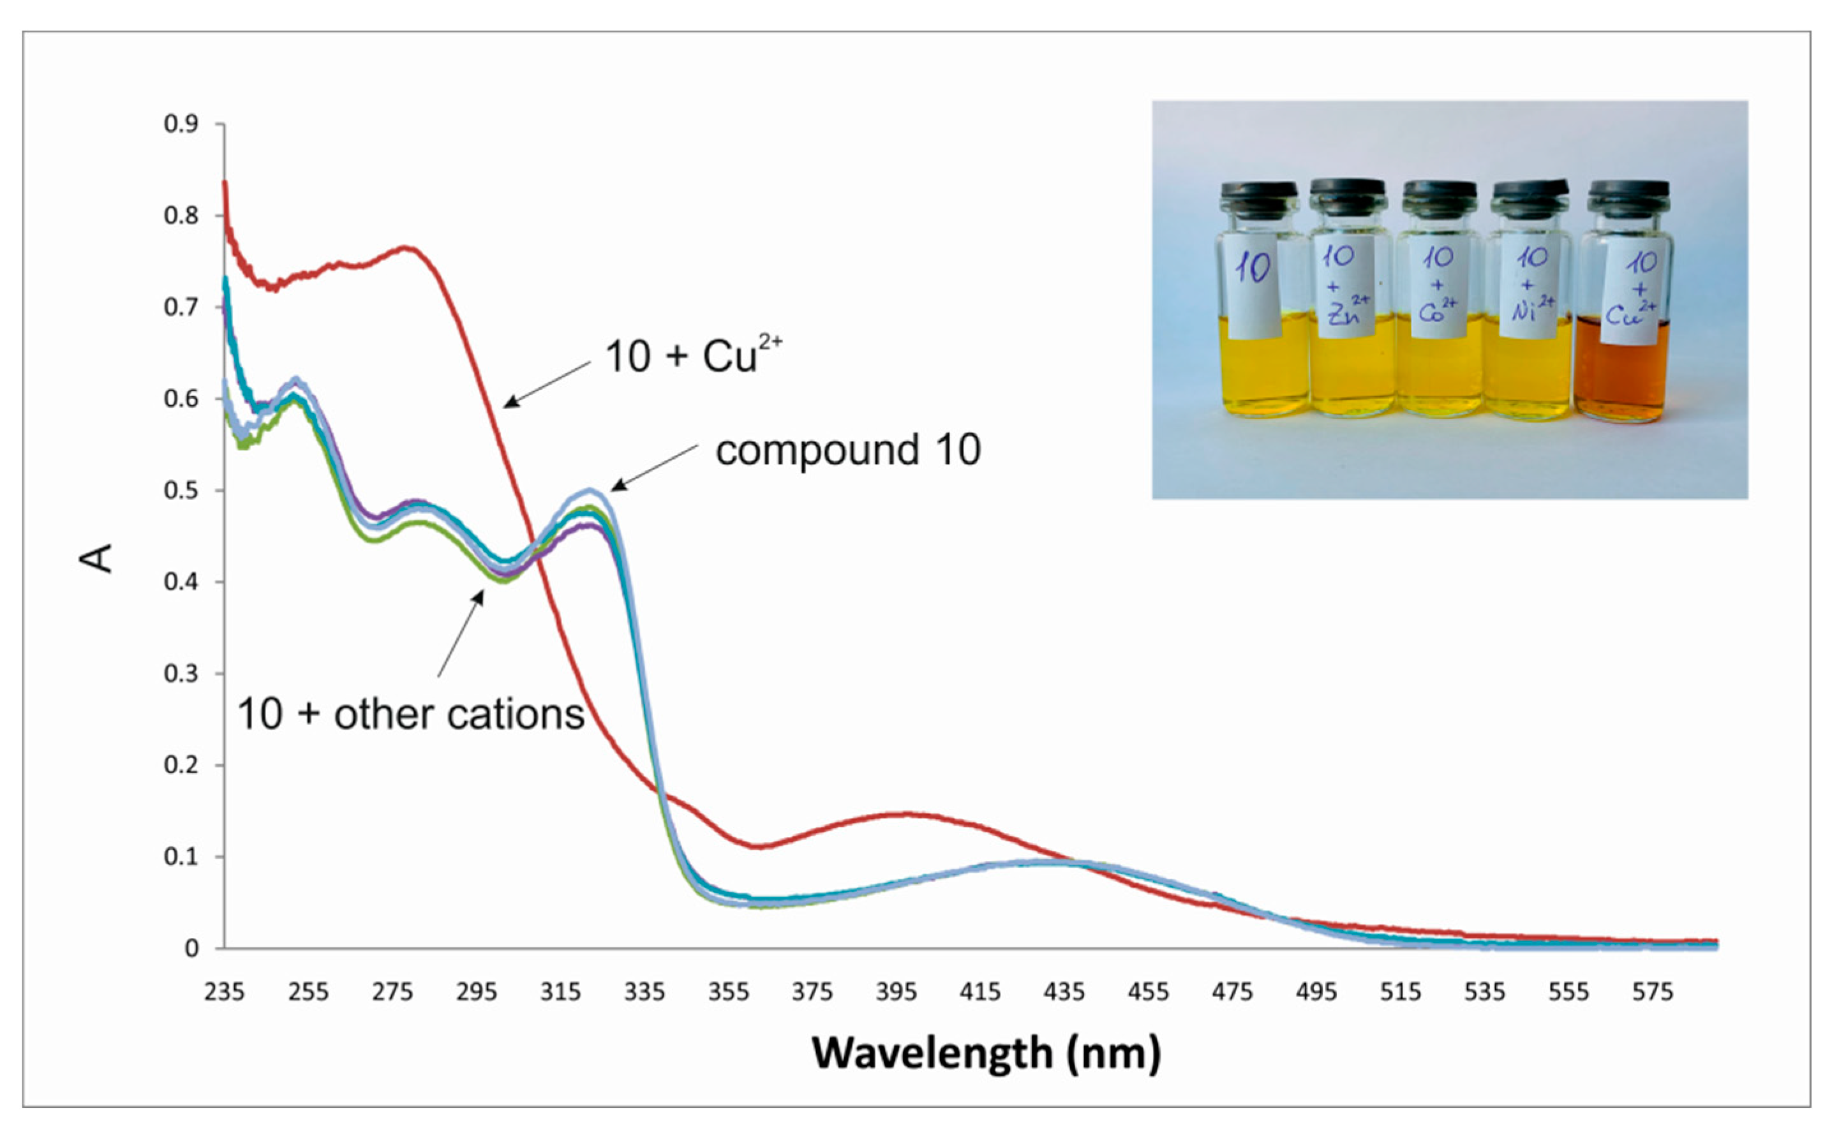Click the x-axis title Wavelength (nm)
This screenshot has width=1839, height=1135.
click(x=986, y=1053)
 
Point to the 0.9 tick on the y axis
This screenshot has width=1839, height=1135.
click(x=181, y=124)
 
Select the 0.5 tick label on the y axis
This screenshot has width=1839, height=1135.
click(x=181, y=490)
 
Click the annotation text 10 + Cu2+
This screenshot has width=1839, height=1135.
click(x=692, y=355)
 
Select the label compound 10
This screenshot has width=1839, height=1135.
click(x=847, y=450)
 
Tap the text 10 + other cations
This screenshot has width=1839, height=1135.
click(x=410, y=714)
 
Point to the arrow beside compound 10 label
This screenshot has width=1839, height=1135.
click(x=653, y=467)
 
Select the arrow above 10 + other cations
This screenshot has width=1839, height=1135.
click(x=461, y=633)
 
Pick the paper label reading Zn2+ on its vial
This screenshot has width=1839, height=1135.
click(x=1345, y=289)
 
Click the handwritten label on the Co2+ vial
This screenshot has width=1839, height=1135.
click(x=1438, y=289)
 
